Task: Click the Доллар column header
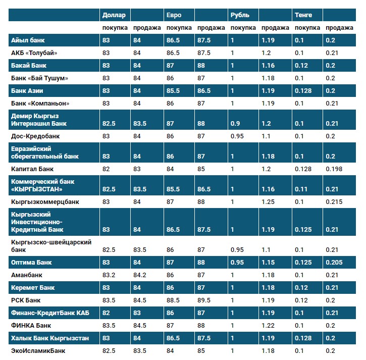pyautogui.click(x=113, y=15)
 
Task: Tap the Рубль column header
pyautogui.click(x=240, y=15)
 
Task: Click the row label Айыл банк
pyautogui.click(x=28, y=40)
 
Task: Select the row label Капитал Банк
pyautogui.click(x=32, y=169)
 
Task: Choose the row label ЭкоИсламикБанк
pyautogui.click(x=38, y=350)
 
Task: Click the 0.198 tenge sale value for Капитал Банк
pyautogui.click(x=334, y=169)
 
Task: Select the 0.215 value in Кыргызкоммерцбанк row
pyautogui.click(x=334, y=202)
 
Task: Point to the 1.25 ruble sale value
pyautogui.click(x=268, y=202)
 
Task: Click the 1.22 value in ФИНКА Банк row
pyautogui.click(x=268, y=326)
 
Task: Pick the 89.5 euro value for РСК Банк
pyautogui.click(x=204, y=300)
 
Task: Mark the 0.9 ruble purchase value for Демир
pyautogui.click(x=235, y=124)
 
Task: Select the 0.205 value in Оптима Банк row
pyautogui.click(x=334, y=263)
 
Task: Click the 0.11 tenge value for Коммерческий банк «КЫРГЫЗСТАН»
pyautogui.click(x=301, y=189)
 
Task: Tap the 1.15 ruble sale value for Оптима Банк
pyautogui.click(x=268, y=263)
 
